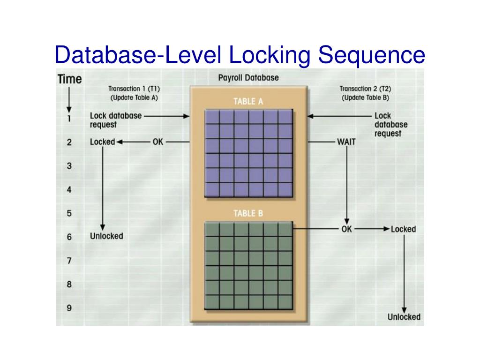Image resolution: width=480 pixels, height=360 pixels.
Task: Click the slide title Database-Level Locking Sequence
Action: (240, 55)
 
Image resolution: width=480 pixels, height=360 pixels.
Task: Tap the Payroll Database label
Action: (248, 77)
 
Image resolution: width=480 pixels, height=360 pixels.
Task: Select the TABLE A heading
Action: (248, 101)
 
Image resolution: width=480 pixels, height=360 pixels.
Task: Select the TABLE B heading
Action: (248, 214)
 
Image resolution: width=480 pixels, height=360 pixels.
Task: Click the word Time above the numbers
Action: (69, 79)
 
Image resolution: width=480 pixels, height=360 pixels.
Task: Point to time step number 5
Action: (69, 213)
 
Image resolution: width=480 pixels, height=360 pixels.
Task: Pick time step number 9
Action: (69, 308)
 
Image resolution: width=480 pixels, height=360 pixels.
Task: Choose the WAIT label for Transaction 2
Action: (346, 142)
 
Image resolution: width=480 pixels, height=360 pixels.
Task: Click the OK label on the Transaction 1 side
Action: (158, 142)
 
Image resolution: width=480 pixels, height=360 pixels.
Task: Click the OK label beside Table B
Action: (346, 229)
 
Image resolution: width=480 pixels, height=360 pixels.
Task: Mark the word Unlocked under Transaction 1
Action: (106, 236)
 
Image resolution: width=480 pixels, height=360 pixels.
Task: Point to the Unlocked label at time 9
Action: (404, 317)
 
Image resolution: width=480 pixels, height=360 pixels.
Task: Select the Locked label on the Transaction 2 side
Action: (403, 229)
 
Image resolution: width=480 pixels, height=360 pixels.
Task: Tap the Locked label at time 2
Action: (102, 142)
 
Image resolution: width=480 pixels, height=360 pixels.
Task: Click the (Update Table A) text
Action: (134, 98)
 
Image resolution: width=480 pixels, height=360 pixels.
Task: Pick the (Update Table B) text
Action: (365, 98)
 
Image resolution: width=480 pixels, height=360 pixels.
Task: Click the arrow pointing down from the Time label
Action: (69, 98)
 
